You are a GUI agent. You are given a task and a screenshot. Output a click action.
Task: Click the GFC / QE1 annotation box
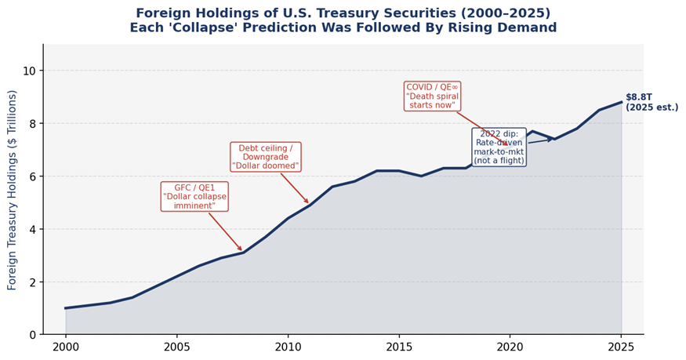tap(194, 196)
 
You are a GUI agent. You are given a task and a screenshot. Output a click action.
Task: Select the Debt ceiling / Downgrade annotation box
tap(265, 157)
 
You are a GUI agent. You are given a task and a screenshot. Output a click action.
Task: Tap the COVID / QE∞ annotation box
tap(432, 96)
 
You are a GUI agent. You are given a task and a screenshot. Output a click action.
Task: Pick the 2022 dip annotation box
tap(499, 147)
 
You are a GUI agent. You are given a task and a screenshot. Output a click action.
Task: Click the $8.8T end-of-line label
tap(652, 102)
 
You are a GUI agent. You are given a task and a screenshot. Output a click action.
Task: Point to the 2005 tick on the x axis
tap(176, 346)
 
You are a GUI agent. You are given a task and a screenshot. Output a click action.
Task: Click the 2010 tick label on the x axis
tap(288, 346)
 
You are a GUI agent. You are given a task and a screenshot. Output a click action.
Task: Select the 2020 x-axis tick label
tap(510, 346)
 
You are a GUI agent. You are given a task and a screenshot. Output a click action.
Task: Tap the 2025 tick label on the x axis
tap(621, 346)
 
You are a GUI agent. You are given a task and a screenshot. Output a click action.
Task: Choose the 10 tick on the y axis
tap(29, 71)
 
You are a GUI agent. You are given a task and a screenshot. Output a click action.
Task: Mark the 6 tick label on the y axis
tap(32, 177)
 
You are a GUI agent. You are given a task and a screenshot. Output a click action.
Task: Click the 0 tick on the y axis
tap(32, 335)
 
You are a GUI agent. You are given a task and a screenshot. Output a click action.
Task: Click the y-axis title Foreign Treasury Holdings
tap(13, 190)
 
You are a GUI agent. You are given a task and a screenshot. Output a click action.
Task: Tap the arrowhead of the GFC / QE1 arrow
tap(242, 251)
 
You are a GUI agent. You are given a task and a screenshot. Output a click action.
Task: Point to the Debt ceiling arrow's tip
tap(309, 204)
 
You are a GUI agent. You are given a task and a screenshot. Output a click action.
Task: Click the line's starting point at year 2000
tap(66, 308)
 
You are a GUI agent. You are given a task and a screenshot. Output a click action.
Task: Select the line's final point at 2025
tap(621, 102)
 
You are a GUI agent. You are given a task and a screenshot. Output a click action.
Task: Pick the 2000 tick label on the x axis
tap(66, 346)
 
